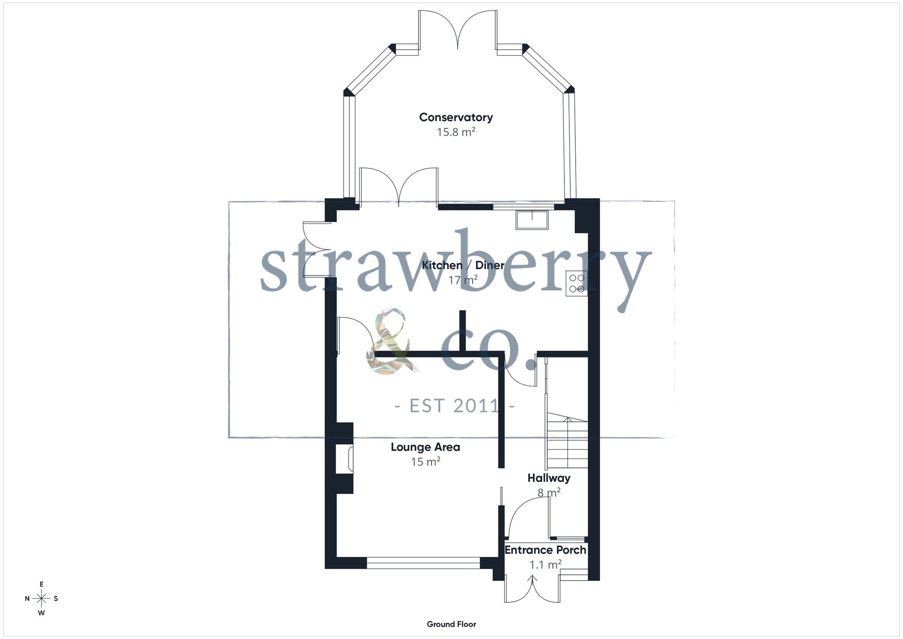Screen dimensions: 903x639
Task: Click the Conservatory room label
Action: click(x=456, y=117)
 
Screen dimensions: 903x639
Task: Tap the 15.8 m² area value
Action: click(x=456, y=132)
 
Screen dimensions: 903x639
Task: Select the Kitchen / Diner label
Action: click(x=463, y=265)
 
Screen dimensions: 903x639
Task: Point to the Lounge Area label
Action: click(x=425, y=447)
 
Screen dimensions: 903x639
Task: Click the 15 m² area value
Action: click(x=425, y=462)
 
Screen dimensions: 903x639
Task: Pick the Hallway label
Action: click(x=549, y=478)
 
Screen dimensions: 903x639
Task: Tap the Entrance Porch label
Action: click(x=545, y=550)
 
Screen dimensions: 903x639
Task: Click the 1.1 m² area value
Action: click(x=545, y=564)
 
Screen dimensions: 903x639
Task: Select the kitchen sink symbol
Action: click(x=532, y=219)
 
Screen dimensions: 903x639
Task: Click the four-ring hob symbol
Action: click(x=577, y=284)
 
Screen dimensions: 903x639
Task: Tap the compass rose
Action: click(x=42, y=599)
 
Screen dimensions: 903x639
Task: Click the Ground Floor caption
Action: click(x=451, y=624)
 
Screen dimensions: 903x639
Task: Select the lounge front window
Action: click(x=423, y=563)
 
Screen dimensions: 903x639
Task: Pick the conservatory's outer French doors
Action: click(x=458, y=29)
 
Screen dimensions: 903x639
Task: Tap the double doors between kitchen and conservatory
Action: click(x=399, y=187)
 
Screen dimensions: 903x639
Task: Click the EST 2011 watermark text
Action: click(x=455, y=406)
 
